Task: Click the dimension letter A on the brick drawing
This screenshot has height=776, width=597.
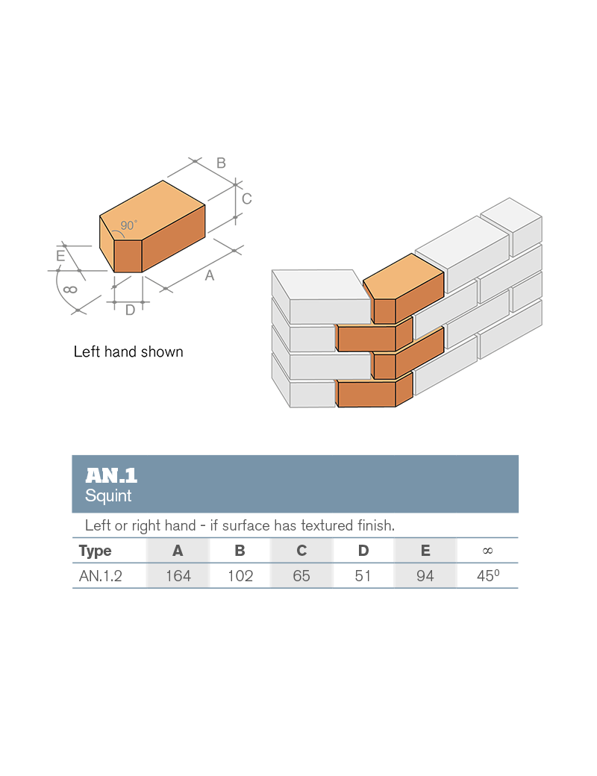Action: coord(210,275)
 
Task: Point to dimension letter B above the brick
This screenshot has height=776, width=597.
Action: coord(221,163)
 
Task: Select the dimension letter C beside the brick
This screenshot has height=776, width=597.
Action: coord(246,198)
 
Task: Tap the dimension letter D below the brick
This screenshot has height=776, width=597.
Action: coord(130,310)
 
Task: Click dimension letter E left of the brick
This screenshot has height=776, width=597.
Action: coord(60,256)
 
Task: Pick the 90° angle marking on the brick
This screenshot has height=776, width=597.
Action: coord(128,225)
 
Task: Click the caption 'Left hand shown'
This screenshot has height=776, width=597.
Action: coord(128,351)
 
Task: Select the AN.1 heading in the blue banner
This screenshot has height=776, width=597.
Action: coord(111,475)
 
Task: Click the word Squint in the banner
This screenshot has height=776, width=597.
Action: coord(108,495)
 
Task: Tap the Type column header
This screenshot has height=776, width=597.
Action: coord(95,551)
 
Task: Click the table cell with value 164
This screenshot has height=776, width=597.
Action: coord(178,576)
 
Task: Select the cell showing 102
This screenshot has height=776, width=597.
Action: coord(240,576)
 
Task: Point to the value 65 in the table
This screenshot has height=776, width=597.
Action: coord(301,576)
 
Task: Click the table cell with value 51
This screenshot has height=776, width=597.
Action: coord(363,576)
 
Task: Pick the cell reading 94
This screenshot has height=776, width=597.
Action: coord(425,576)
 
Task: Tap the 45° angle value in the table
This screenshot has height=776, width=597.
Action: coord(487,576)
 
